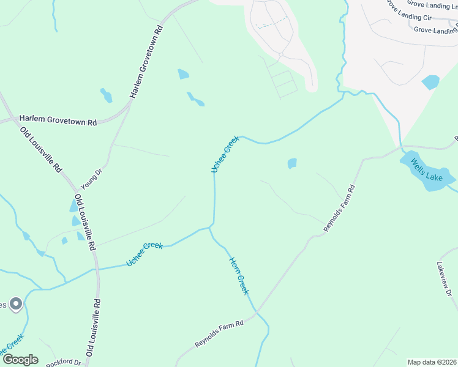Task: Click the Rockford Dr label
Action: [63, 362]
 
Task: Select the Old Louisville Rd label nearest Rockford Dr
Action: [94, 327]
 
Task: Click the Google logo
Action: [20, 359]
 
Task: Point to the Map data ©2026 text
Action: [432, 362]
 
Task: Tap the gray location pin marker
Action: [16, 303]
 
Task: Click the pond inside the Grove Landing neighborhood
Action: [430, 82]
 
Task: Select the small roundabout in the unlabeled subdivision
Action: [280, 55]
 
